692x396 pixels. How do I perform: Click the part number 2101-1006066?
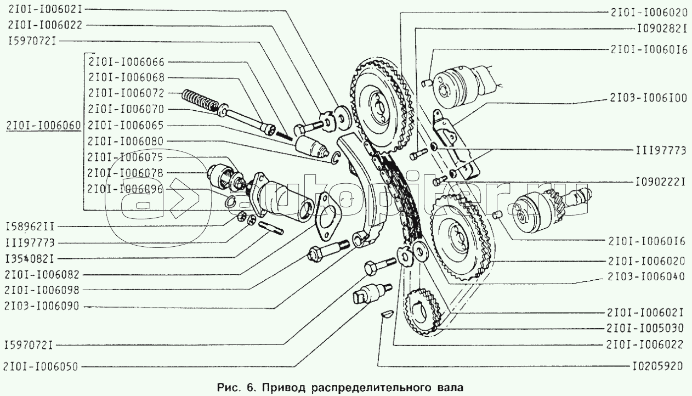126,62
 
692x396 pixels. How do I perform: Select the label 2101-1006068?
126,78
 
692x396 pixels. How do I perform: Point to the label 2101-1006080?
126,141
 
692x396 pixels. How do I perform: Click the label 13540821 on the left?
30,257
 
